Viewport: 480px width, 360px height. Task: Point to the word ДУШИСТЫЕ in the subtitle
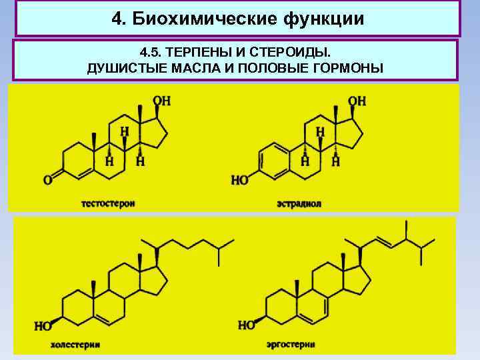[x=119, y=68]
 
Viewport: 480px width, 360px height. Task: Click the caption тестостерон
[x=108, y=202]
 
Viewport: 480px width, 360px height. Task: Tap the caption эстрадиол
[x=299, y=203]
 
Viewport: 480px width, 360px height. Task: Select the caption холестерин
[x=74, y=345]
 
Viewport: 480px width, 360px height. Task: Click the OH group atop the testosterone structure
[x=161, y=101]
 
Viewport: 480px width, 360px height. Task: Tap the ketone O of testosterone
[x=48, y=179]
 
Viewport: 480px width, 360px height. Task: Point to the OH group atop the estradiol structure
[x=357, y=101]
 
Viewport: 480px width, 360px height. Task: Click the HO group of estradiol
[x=240, y=179]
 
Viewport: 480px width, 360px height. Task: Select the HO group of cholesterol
[x=43, y=326]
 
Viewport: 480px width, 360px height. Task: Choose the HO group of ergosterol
[x=247, y=325]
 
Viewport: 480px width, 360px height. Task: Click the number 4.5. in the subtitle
[x=151, y=51]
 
